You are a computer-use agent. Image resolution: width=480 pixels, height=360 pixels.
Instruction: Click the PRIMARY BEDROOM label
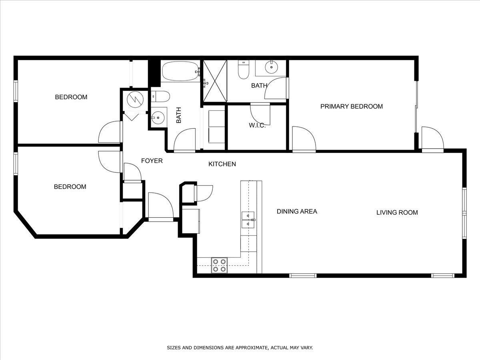(x=352, y=106)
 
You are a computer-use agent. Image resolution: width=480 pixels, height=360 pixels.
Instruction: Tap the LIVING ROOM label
(x=397, y=212)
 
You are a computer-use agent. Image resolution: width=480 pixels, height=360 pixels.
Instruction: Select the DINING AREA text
(x=297, y=211)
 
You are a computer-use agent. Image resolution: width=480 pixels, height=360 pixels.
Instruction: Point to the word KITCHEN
(x=222, y=164)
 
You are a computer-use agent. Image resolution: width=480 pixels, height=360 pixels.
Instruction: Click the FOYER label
(x=152, y=161)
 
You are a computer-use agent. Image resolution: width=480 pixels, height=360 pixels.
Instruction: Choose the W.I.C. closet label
(x=257, y=125)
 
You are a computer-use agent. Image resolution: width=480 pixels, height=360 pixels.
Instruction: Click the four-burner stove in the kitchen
(x=219, y=265)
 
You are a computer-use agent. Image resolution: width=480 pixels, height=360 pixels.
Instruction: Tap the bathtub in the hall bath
(x=181, y=71)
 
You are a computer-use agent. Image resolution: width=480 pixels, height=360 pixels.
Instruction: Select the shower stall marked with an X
(x=215, y=81)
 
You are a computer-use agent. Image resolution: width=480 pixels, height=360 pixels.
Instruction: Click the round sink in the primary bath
(x=271, y=67)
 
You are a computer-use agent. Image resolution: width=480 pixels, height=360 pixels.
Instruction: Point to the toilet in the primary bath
(x=243, y=70)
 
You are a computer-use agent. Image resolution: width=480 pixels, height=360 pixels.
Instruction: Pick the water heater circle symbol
(x=135, y=100)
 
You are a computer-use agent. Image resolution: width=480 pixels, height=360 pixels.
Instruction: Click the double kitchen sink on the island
(x=248, y=220)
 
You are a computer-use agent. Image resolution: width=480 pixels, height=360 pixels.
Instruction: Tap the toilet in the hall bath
(x=161, y=97)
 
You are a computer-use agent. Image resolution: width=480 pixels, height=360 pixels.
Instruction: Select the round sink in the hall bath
(x=158, y=118)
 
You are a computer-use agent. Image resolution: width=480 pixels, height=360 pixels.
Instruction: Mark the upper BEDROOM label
(x=71, y=97)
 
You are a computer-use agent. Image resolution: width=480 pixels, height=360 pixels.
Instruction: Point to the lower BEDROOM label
(x=70, y=187)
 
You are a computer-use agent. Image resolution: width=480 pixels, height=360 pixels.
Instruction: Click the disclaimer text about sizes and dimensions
(x=240, y=348)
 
